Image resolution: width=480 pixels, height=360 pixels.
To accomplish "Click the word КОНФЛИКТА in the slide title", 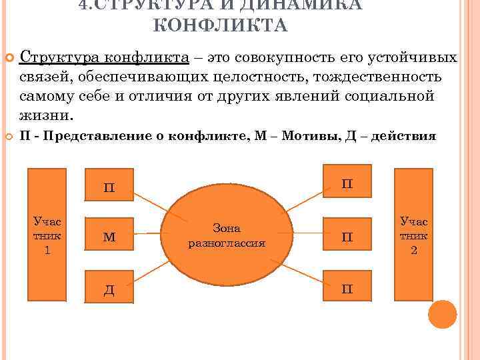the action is point(220,26).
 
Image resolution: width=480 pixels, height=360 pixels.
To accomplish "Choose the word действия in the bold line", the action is point(403,136).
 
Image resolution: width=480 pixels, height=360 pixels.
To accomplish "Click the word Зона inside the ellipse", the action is point(226,228).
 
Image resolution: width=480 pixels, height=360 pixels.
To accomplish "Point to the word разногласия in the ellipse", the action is point(227,243).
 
